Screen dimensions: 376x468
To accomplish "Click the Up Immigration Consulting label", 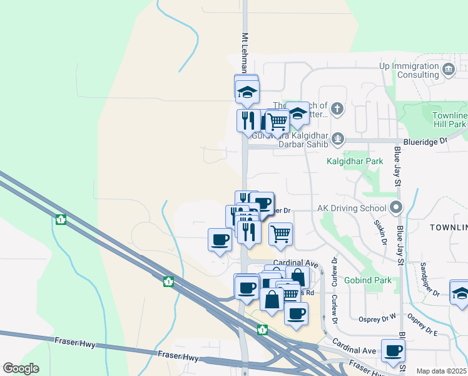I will (x=409, y=70).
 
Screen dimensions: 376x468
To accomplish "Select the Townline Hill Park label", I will (x=449, y=120).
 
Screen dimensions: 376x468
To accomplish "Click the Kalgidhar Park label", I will (x=355, y=161).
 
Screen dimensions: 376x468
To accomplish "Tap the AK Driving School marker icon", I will (x=395, y=207).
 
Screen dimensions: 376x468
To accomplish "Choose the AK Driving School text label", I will (x=352, y=207).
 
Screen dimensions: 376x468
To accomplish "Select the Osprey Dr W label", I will (x=378, y=318).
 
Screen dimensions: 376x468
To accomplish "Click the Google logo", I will (x=21, y=368).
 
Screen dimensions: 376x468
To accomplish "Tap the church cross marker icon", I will (x=337, y=108).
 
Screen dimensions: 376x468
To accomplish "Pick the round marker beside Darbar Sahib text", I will (x=338, y=137).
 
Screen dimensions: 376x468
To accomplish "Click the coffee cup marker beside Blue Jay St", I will (x=393, y=351).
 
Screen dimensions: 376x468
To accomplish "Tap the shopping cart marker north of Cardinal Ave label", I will (x=281, y=234).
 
